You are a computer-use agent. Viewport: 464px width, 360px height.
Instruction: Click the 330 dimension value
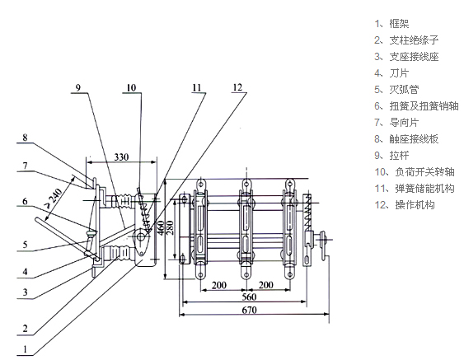[x=122, y=157]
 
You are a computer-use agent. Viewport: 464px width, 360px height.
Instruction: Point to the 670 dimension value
[x=250, y=310]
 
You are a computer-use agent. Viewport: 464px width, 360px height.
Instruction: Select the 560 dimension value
[x=249, y=297]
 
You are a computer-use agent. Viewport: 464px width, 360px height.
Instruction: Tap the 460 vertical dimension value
[x=161, y=227]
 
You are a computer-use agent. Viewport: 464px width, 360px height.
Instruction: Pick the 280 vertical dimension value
[x=170, y=227]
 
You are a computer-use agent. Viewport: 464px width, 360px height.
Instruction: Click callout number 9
[x=77, y=88]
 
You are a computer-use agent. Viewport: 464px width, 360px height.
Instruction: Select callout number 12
[x=237, y=87]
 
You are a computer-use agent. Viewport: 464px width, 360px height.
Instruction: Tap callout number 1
[x=26, y=349]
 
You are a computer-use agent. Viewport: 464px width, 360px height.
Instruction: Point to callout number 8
[x=26, y=138]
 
